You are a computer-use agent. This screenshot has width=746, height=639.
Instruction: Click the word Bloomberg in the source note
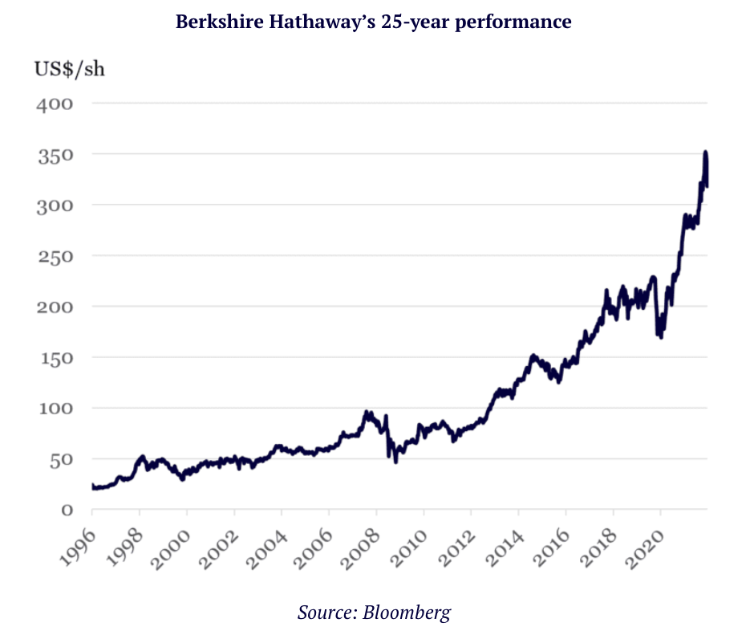[407, 613]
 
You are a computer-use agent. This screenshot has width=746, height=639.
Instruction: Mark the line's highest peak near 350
[705, 153]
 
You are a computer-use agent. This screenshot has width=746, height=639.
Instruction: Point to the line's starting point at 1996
[93, 486]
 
